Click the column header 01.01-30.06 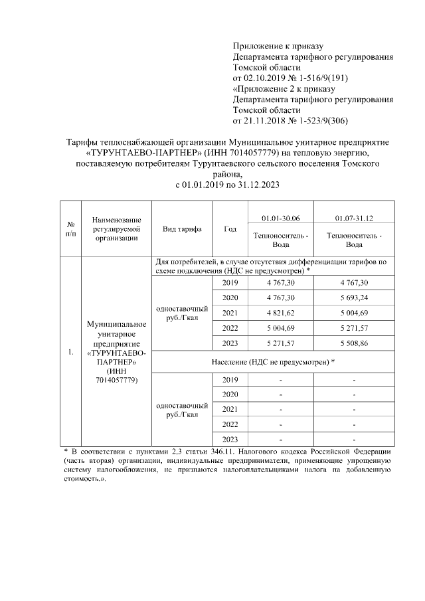point(281,217)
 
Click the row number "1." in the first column point(70,352)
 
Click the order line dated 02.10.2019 point(291,78)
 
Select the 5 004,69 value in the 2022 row point(281,327)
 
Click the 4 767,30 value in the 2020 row point(281,297)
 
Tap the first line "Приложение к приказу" point(278,46)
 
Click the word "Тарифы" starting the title point(84,142)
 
